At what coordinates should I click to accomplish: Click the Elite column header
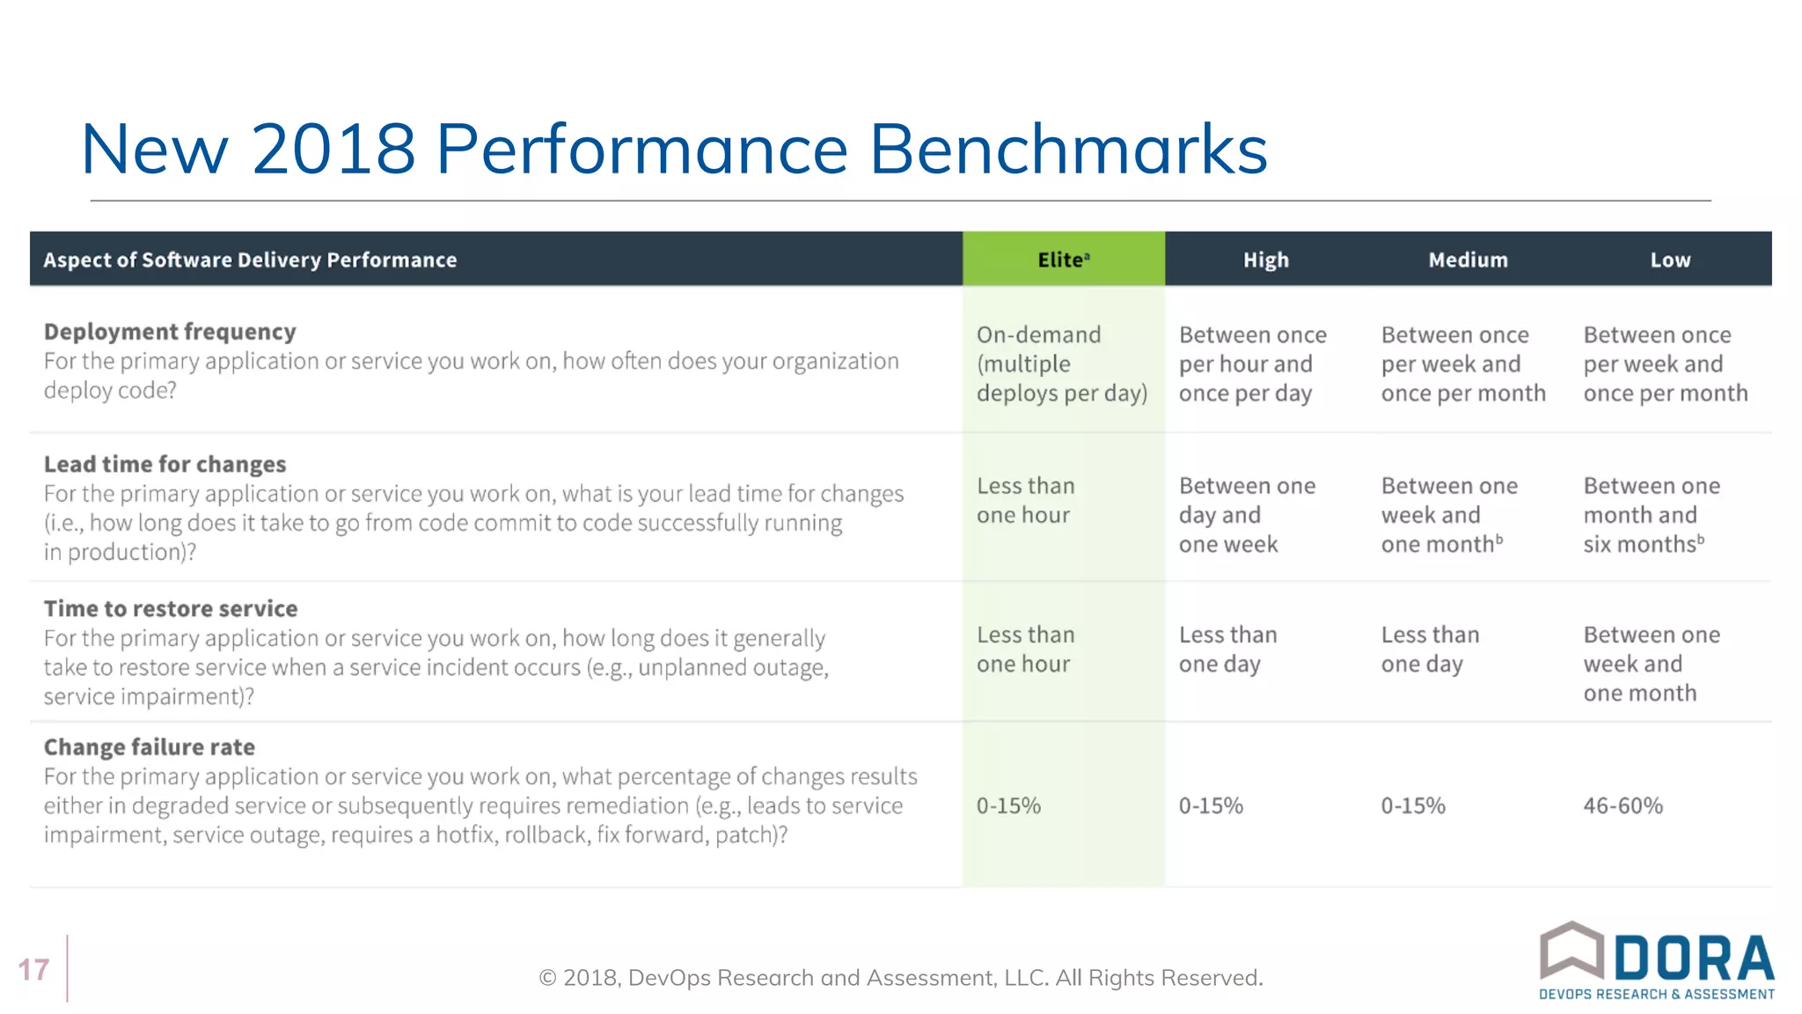(x=1063, y=260)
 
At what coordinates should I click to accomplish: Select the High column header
(x=1265, y=260)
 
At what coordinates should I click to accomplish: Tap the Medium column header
(x=1468, y=260)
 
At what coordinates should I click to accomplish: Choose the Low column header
(x=1670, y=260)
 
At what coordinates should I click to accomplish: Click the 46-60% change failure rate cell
(x=1623, y=805)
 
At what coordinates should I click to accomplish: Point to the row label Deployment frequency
(x=170, y=332)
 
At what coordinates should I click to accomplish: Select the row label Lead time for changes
(x=165, y=464)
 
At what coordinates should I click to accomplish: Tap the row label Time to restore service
(x=171, y=608)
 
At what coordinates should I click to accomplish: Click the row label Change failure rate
(x=150, y=747)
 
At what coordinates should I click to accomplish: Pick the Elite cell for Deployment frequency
(x=1061, y=364)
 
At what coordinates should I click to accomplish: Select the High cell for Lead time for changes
(x=1246, y=515)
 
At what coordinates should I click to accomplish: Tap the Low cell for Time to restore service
(x=1651, y=664)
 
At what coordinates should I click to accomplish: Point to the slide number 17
(x=33, y=970)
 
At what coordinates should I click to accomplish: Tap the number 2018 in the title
(x=333, y=150)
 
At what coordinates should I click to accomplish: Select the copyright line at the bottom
(x=900, y=978)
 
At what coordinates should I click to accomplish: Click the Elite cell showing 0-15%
(x=1008, y=805)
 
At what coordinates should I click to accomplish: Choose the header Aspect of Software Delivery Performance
(x=250, y=260)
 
